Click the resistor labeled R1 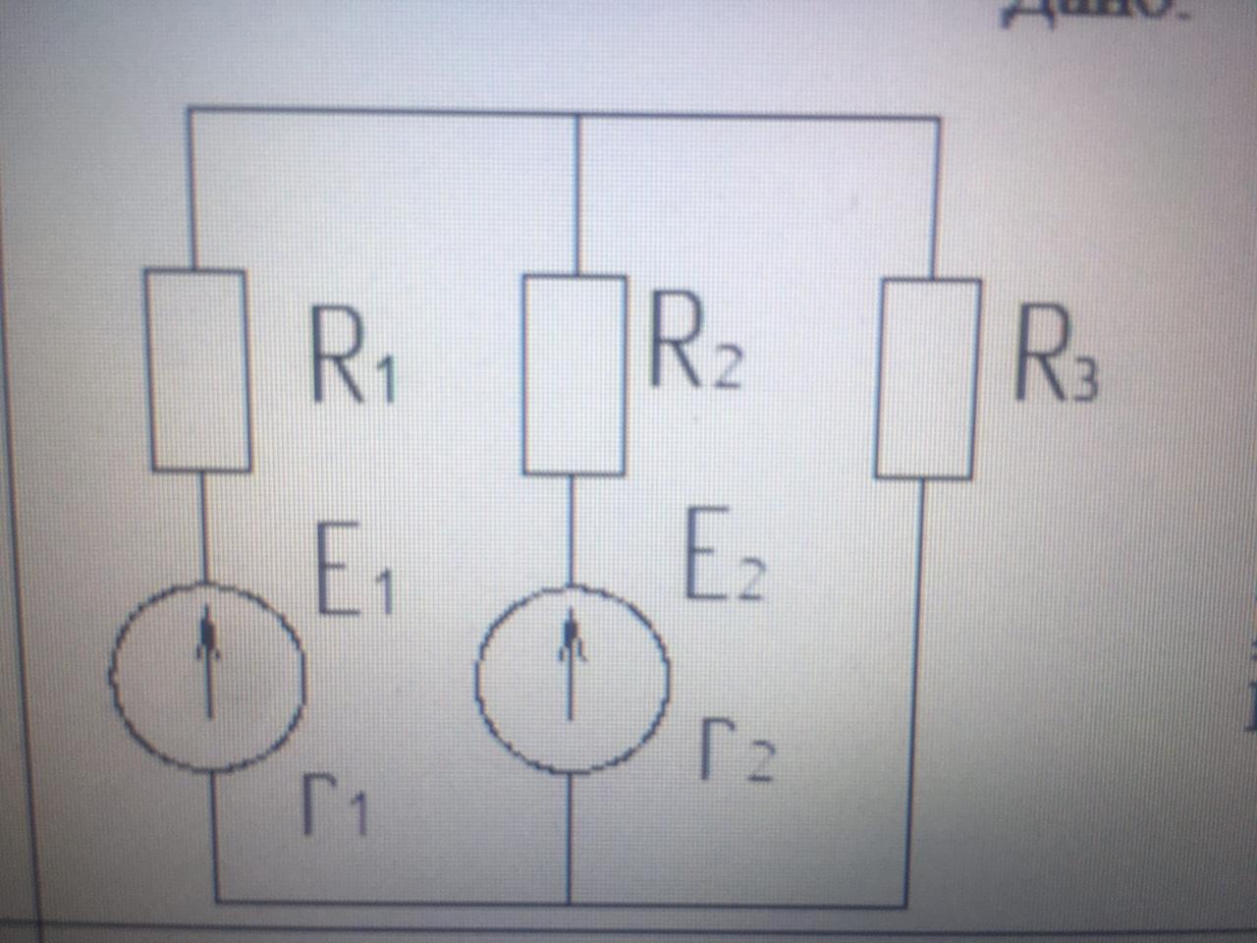point(199,370)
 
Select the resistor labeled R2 point(574,375)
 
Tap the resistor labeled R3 point(928,379)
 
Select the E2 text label point(723,555)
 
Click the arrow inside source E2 point(570,658)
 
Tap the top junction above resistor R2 point(576,116)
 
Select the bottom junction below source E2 point(570,901)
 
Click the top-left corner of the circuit point(189,110)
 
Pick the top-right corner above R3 point(939,120)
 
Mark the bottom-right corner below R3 point(905,904)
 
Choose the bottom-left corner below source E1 point(216,899)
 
